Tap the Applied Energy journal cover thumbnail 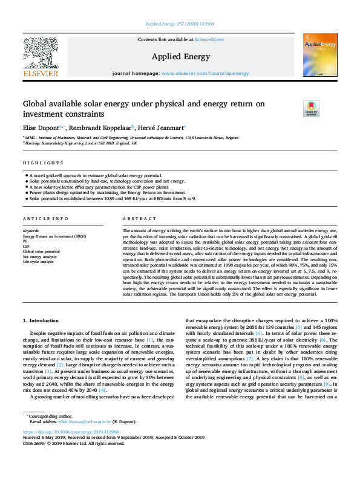(x=320, y=55)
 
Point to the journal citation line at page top (x=180, y=24)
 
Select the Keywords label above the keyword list (x=31, y=230)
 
